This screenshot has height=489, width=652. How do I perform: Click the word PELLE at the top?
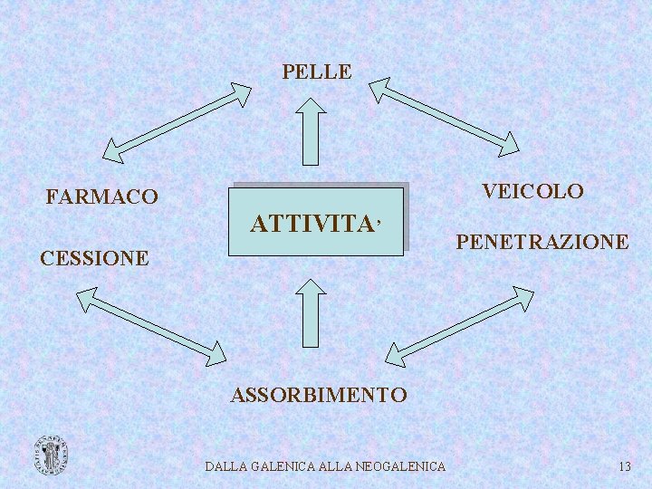click(316, 72)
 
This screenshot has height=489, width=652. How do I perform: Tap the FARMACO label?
click(101, 197)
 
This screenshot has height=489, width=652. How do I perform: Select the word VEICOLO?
click(532, 191)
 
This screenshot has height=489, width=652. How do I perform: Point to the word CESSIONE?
click(95, 258)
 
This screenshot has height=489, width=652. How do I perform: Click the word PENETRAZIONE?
click(542, 242)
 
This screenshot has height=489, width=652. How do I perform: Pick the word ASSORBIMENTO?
click(319, 395)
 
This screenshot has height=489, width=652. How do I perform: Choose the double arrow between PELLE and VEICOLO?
click(444, 116)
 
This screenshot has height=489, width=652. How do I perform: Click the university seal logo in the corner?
click(51, 455)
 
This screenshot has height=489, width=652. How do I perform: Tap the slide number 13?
click(624, 466)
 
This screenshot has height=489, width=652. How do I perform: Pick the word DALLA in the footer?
click(225, 466)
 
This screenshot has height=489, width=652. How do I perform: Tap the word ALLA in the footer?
click(332, 466)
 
